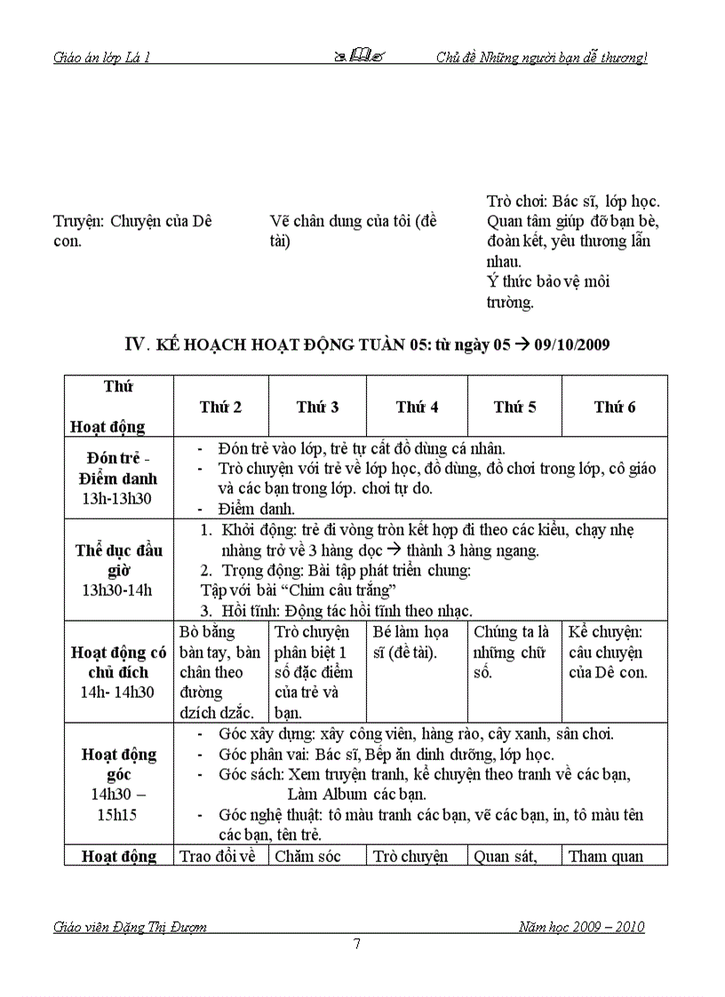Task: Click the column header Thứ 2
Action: pyautogui.click(x=220, y=408)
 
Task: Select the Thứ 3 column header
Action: pyautogui.click(x=317, y=408)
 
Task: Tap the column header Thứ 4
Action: pyautogui.click(x=417, y=408)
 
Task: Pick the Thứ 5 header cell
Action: pyautogui.click(x=514, y=408)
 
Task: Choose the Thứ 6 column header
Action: pyautogui.click(x=615, y=408)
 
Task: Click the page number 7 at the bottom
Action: pyautogui.click(x=357, y=944)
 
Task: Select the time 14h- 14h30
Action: pyautogui.click(x=118, y=693)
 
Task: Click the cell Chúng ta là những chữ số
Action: pyautogui.click(x=512, y=652)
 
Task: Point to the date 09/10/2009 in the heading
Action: pyautogui.click(x=572, y=344)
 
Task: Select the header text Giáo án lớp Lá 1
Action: pyautogui.click(x=101, y=59)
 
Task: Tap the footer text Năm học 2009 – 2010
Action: pyautogui.click(x=582, y=927)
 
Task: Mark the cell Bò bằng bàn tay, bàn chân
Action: pyautogui.click(x=219, y=661)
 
